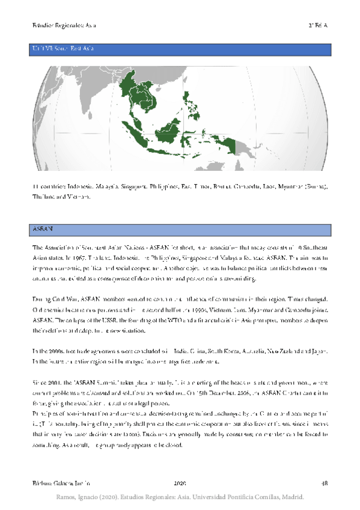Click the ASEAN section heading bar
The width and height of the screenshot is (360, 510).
[x=180, y=229]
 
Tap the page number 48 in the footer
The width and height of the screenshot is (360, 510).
[x=325, y=483]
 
